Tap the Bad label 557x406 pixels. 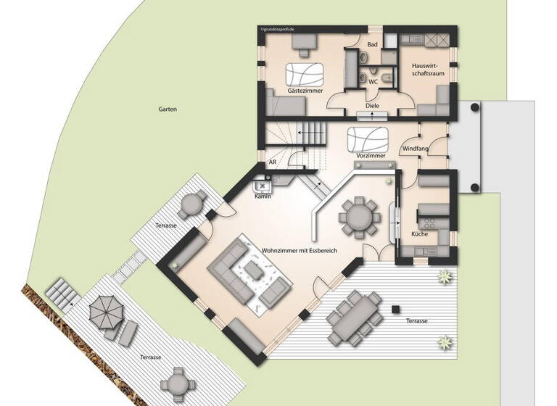(x=373, y=45)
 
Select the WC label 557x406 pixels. (x=373, y=82)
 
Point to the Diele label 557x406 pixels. (x=372, y=106)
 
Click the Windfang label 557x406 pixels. (x=415, y=149)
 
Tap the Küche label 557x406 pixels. (x=419, y=234)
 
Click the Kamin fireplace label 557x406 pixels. (x=262, y=196)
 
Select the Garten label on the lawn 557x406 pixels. (x=168, y=109)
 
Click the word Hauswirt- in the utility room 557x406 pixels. (x=418, y=65)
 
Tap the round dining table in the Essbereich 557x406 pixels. (x=358, y=215)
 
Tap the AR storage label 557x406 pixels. (x=273, y=163)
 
